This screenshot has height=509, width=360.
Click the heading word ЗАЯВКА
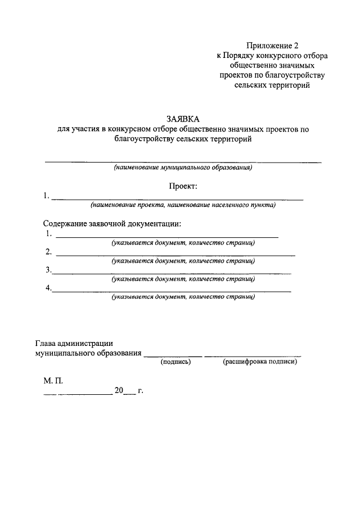183,119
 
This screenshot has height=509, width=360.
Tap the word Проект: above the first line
183,186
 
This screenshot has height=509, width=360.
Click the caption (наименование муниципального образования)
183,168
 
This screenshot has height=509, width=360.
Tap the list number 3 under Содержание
48,270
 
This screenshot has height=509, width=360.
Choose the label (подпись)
176,362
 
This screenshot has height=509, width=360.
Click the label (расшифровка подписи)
259,362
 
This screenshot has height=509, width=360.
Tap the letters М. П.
54,381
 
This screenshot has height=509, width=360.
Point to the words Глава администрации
74,343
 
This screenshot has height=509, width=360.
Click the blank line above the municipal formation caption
183,162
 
